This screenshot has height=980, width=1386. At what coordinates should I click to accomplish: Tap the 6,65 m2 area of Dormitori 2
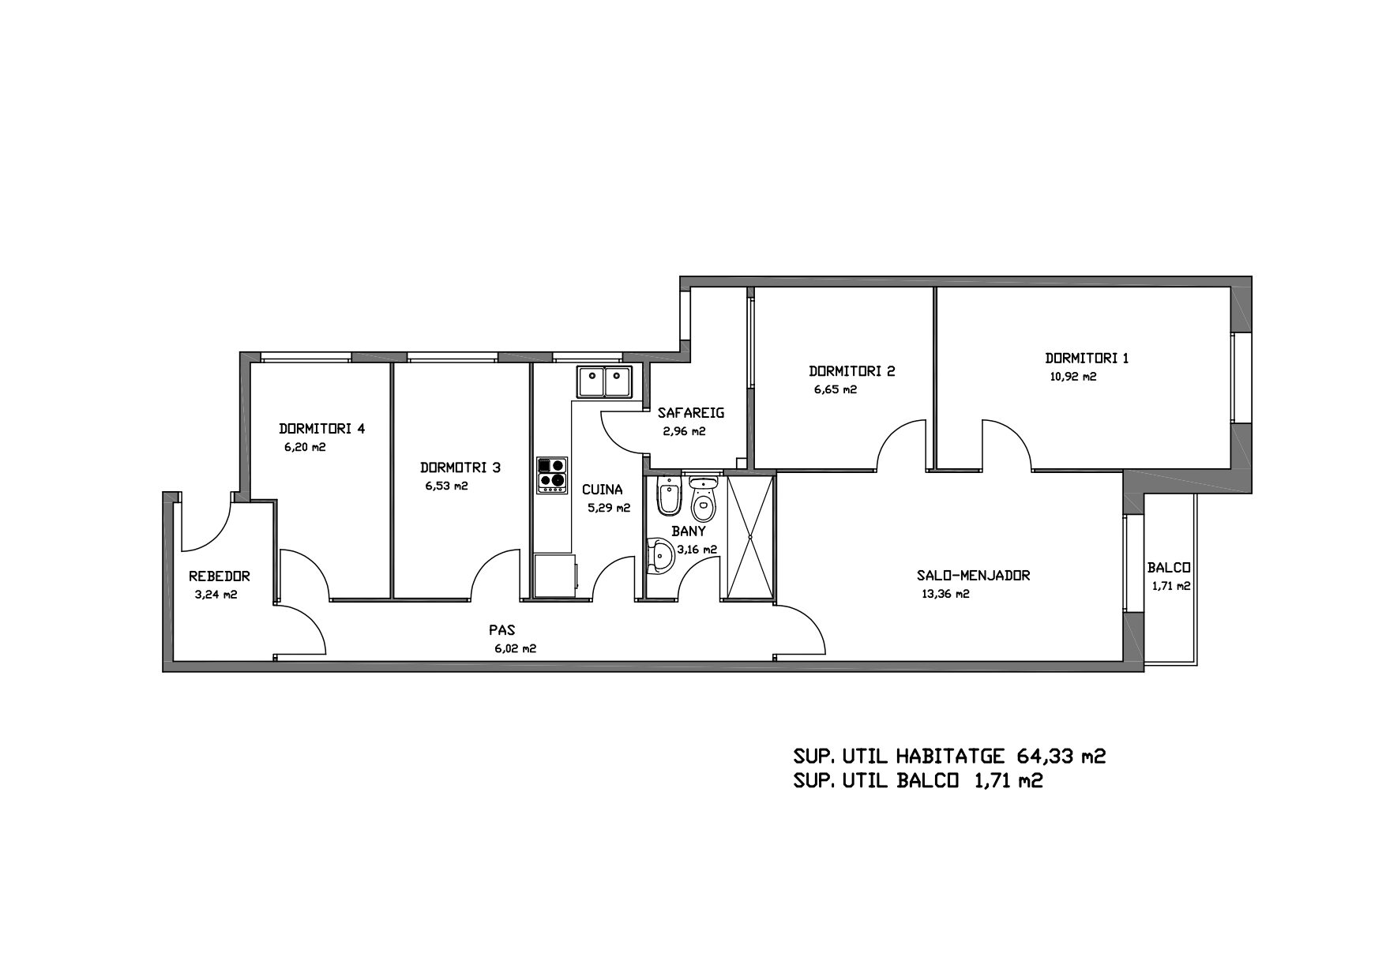[x=836, y=389]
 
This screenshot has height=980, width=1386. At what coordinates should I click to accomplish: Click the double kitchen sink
[x=603, y=382]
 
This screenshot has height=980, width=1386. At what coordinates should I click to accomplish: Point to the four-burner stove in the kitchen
[x=551, y=475]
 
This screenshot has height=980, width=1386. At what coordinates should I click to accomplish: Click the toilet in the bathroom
[x=701, y=495]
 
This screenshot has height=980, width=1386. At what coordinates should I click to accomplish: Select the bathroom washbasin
[x=658, y=555]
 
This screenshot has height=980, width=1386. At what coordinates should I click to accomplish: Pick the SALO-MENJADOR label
[x=974, y=576]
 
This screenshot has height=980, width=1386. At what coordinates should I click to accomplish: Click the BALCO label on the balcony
[x=1169, y=568]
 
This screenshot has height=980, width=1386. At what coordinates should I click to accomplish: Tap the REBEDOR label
[x=220, y=576]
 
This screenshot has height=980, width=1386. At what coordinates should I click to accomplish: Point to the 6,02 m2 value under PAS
[x=515, y=649]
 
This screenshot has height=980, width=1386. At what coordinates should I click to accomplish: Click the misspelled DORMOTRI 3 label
[x=460, y=467]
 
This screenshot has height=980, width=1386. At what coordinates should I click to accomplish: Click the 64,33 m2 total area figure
[x=1061, y=757]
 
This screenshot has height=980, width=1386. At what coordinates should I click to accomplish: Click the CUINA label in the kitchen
[x=603, y=490]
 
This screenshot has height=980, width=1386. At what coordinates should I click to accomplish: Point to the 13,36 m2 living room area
[x=945, y=595]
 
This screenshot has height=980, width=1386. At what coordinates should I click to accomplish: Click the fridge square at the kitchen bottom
[x=554, y=576]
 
